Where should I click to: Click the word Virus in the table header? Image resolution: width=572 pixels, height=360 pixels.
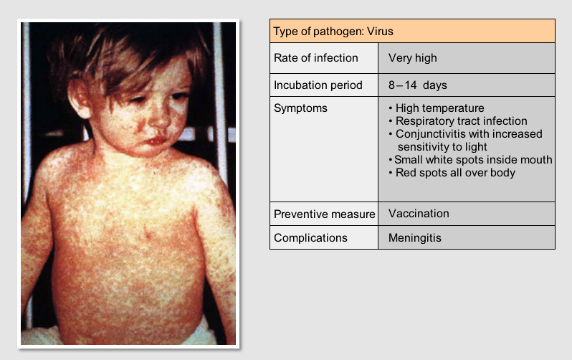pos(380,32)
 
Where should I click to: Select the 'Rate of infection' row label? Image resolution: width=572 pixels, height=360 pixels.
pos(316,58)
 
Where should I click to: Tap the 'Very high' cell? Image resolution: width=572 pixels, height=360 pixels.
pos(413,58)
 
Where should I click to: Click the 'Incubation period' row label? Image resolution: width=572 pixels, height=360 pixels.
pos(318,85)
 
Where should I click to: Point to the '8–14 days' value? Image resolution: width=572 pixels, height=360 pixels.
pos(418,85)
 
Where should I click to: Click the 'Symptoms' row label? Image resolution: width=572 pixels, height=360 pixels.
pos(300,108)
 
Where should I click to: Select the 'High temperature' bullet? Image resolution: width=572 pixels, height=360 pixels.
pos(437,108)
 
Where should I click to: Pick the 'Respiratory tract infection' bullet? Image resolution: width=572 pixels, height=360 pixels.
pos(458,121)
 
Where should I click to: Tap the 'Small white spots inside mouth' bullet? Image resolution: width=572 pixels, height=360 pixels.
pos(470,159)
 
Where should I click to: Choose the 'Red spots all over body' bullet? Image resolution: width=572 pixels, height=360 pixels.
pos(452,172)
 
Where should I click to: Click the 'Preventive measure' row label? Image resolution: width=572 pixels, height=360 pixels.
pos(324,214)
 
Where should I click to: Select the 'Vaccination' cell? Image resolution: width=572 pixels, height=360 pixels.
pos(419,214)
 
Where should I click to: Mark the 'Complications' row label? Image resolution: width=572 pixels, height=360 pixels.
pos(310,238)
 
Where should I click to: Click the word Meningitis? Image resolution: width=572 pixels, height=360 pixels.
pos(415,238)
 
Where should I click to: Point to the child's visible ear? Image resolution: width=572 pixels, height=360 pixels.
pos(77,98)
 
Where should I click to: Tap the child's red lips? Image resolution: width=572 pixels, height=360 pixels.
pos(155,141)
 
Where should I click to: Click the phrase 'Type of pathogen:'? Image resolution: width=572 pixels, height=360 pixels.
pos(318,32)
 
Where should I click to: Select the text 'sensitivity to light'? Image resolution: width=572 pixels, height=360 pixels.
pos(442,147)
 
